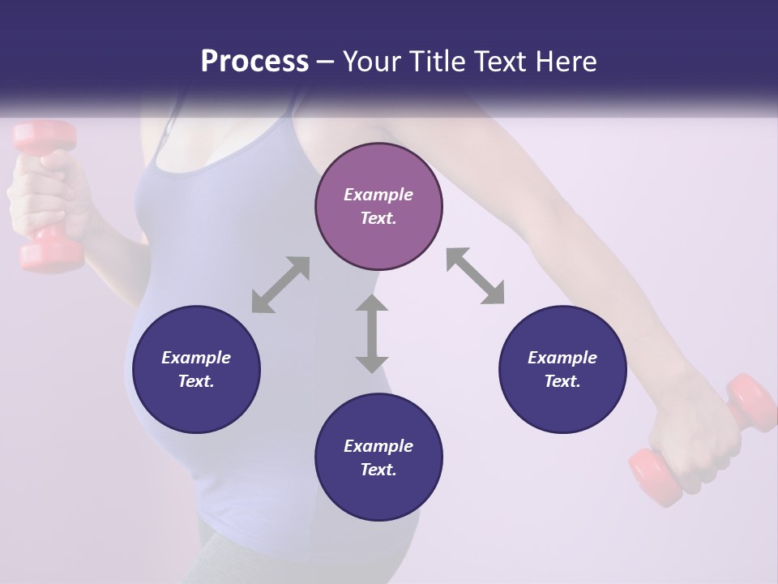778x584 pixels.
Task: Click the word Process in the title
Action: (254, 62)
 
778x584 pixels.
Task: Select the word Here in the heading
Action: (565, 62)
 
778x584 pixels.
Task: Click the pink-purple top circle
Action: (378, 207)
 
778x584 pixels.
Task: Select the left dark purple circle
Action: (196, 369)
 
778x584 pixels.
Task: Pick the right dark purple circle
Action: (562, 369)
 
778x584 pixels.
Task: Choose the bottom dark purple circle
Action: (378, 457)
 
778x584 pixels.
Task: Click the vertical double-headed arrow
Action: (372, 333)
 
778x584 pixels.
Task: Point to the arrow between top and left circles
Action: (280, 285)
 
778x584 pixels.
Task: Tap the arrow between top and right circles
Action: (475, 277)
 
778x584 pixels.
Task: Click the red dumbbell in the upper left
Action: (47, 195)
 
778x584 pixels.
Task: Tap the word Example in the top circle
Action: (378, 195)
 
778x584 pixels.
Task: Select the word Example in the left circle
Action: (196, 358)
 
